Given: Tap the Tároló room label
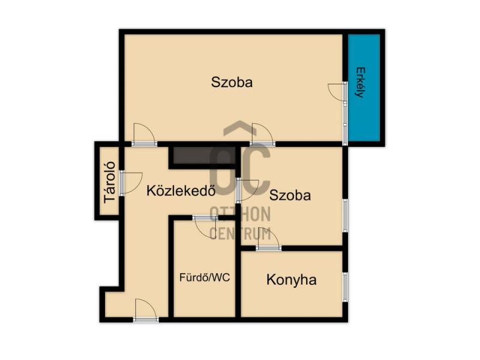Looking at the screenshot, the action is tap(110, 182).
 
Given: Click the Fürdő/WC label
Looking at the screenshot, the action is tap(205, 278).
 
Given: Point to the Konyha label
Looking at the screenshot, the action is tap(292, 280).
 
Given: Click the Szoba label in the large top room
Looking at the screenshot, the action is tap(232, 82).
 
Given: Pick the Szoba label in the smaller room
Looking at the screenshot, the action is tap(290, 196).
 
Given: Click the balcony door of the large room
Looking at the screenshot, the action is tap(338, 91).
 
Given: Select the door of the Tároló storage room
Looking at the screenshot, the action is tap(131, 183).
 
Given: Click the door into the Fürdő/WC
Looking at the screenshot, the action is tap(205, 227).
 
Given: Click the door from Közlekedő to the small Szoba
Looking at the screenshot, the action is tap(247, 190).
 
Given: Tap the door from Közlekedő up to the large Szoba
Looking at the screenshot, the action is tap(144, 134).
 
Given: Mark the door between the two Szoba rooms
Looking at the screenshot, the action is tap(262, 134).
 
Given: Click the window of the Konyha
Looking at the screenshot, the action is tap(346, 287).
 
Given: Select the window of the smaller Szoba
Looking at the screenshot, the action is tap(346, 215).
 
